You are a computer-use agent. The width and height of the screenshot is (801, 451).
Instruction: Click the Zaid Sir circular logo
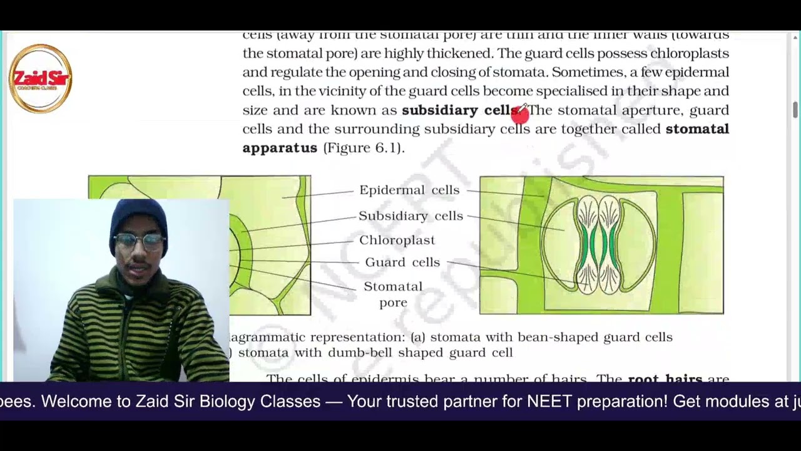41,78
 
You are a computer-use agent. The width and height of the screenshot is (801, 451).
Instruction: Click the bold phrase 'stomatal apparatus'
485,138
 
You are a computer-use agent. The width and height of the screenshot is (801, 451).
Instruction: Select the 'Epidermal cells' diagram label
409,190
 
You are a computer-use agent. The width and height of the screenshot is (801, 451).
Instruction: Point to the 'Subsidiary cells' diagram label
411,215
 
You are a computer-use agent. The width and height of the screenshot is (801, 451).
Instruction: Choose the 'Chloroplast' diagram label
397,240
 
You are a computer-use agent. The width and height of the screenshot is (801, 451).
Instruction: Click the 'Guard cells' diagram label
402,262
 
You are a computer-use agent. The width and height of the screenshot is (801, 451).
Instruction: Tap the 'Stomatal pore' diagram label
393,294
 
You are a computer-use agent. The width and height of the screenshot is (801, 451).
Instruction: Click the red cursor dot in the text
519,113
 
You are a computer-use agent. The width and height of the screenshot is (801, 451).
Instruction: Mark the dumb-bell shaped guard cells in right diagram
599,244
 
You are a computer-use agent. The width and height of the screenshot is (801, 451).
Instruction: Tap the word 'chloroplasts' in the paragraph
689,53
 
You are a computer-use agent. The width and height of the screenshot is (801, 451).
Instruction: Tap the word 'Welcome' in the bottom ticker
84,401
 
